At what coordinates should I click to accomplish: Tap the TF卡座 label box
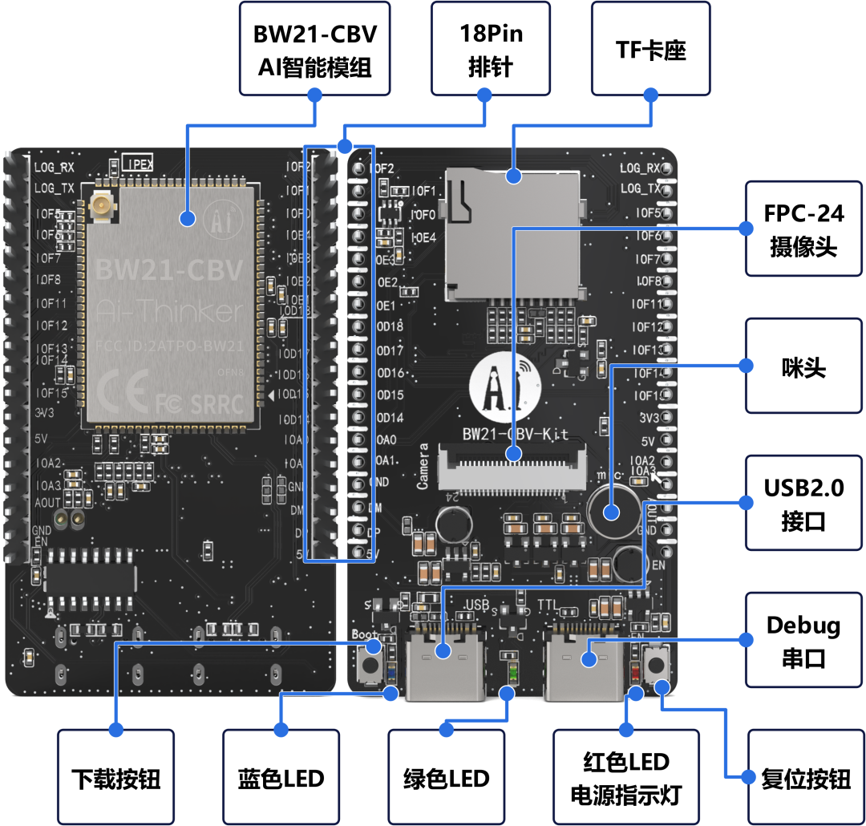pyautogui.click(x=651, y=48)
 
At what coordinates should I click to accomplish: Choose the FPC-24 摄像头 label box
pyautogui.click(x=803, y=229)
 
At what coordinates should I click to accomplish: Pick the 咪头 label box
pyautogui.click(x=803, y=366)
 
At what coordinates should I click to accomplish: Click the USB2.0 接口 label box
pyautogui.click(x=803, y=503)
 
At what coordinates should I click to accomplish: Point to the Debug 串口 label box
pyautogui.click(x=803, y=640)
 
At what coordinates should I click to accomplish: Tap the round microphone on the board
pyautogui.click(x=614, y=509)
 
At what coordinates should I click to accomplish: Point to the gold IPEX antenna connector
pyautogui.click(x=104, y=209)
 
